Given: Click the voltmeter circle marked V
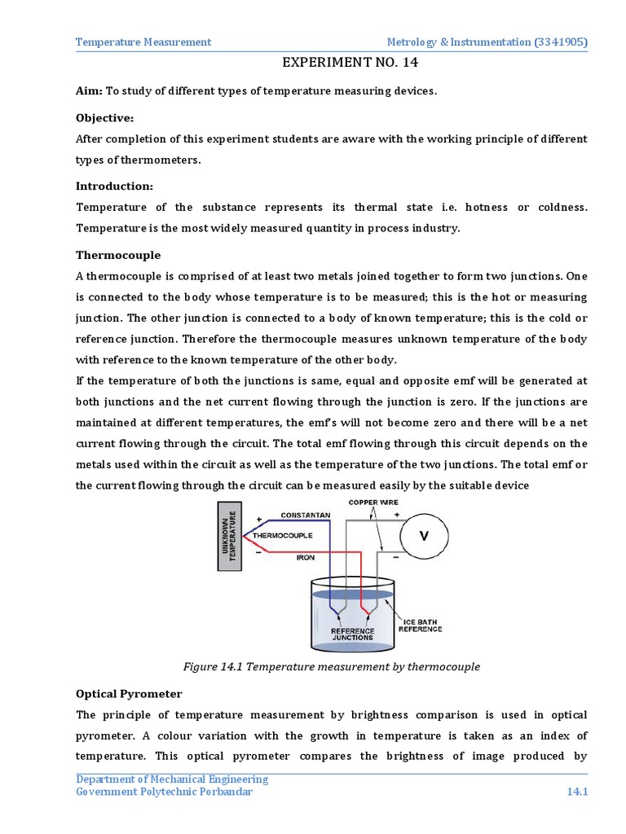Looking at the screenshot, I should coord(423,535).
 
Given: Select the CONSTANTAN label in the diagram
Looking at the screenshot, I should coord(305,515).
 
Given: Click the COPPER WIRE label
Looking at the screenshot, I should coord(373,503).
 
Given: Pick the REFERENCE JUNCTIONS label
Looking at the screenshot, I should coord(352,634).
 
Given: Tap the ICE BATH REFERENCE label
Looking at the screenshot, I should coord(421,625).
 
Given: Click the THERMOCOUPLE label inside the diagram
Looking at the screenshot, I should coord(280,536).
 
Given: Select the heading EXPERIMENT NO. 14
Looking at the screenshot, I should coord(332,64).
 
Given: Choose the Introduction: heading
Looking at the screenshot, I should coord(114,186).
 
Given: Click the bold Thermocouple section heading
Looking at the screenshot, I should coord(118,255).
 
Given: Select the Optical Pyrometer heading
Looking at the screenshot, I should coord(129,694).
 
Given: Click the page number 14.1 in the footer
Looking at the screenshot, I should coord(577,792).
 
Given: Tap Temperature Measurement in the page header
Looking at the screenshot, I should coord(143,42).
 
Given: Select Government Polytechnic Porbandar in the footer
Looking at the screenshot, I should coord(164,792).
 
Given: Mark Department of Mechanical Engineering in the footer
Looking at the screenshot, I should coord(172,779).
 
